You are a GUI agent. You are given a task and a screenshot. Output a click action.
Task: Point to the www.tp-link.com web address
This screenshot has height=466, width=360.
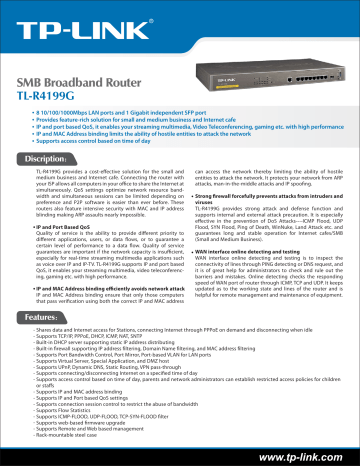[300, 452]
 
